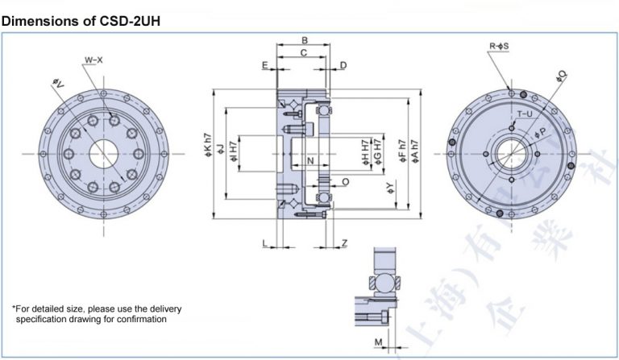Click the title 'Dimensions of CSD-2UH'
coord(81,20)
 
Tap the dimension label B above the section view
coord(305,40)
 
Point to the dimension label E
coord(264,64)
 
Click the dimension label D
coord(343,64)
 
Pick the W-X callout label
coord(93,61)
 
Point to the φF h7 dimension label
coord(401,152)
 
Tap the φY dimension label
coord(390,189)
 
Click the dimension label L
coord(264,242)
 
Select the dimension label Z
coord(344,242)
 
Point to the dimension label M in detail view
coord(377,342)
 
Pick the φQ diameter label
coord(560,77)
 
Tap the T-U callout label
coord(524,114)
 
